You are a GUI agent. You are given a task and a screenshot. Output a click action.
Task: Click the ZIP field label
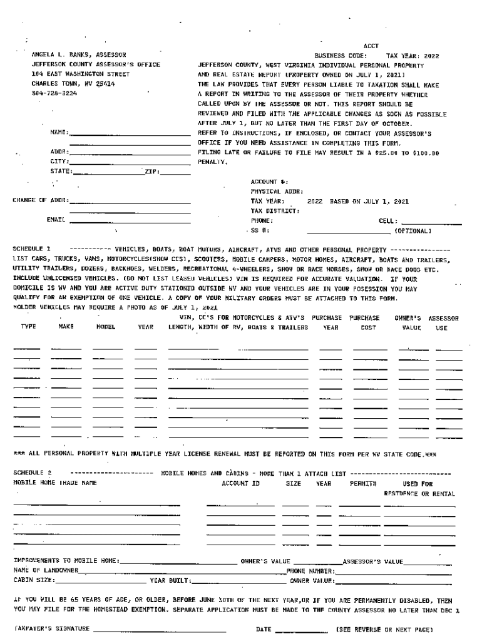152,172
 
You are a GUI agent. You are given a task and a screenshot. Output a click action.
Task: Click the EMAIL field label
56,220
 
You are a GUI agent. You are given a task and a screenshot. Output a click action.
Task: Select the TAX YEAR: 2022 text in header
413,55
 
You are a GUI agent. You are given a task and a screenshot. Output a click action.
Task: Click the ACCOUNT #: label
269,182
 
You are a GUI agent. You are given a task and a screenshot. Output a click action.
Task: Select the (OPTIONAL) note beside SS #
412,230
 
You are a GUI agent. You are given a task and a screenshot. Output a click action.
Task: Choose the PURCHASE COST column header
367,322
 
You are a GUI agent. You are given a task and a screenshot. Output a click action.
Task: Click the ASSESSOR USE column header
443,322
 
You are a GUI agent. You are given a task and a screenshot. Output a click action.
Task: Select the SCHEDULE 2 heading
32,473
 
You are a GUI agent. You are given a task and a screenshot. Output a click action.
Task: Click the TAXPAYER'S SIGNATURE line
160,628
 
